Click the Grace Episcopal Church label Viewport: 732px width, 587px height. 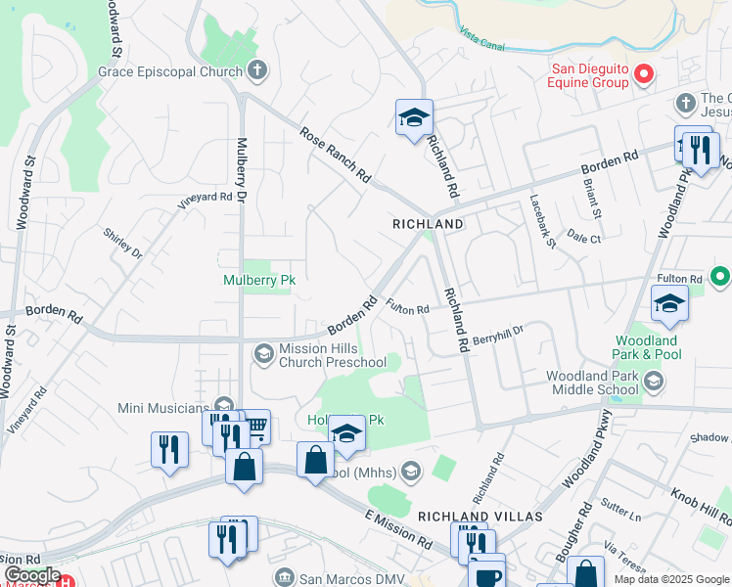coord(170,71)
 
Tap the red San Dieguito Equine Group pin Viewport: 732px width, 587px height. coord(643,72)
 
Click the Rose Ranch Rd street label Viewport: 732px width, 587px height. coord(336,156)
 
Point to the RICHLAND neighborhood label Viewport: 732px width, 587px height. coord(428,224)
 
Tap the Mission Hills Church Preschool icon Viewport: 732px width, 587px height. coord(263,353)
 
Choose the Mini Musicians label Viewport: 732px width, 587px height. coord(163,407)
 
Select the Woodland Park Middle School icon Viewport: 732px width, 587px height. coord(654,380)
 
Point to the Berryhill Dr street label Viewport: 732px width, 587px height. coord(498,335)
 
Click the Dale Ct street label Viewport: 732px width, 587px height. coord(583,238)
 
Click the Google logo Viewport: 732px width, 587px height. coord(31,575)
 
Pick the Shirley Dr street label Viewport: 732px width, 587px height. coord(123,244)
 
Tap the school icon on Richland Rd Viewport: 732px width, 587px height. coord(414,118)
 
